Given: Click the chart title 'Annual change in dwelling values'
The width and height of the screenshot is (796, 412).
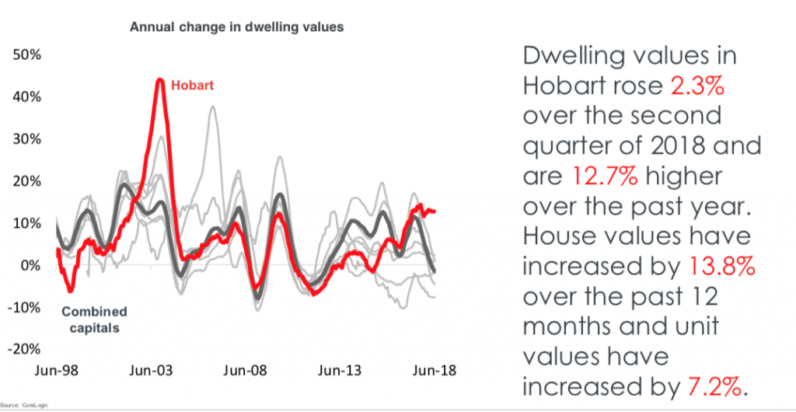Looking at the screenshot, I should click(x=236, y=26).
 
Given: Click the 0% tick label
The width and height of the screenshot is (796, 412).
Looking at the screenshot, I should click(x=29, y=265).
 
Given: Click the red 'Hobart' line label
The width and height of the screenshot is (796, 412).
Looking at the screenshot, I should click(x=191, y=83).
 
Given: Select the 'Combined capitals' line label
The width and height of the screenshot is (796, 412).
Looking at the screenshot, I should click(x=94, y=319).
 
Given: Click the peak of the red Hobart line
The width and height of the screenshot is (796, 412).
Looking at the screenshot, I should click(x=159, y=79).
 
